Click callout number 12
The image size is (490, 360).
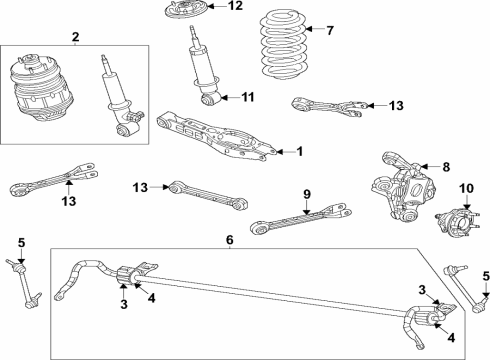[235, 6]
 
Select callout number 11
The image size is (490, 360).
[249, 97]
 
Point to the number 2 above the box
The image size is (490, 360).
[75, 37]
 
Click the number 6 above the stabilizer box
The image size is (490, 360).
[228, 240]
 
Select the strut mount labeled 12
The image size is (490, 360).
[190, 14]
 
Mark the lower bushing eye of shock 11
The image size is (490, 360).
[210, 98]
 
